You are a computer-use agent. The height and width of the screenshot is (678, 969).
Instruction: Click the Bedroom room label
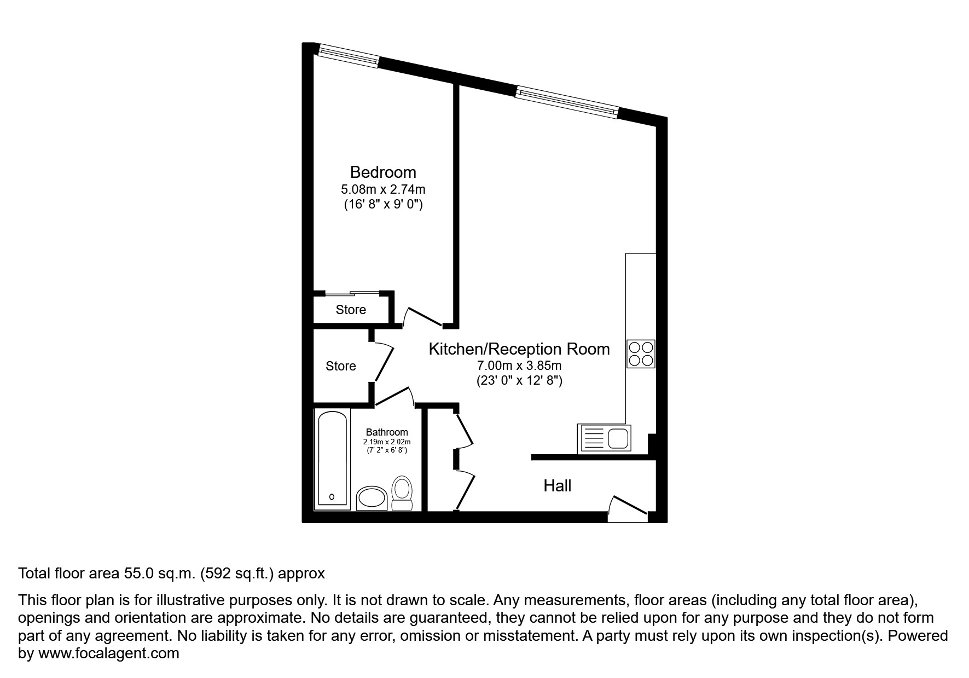click(383, 172)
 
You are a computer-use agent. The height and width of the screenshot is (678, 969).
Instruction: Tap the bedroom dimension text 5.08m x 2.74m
click(383, 190)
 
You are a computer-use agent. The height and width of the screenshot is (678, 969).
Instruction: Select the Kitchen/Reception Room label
click(519, 349)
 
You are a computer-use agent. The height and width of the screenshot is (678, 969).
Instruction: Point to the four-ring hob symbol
click(641, 354)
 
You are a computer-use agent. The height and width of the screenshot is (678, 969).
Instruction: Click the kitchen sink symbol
click(605, 438)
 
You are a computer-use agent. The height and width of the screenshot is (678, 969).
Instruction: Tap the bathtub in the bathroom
click(332, 459)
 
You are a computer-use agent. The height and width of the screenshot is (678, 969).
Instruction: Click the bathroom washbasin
click(372, 499)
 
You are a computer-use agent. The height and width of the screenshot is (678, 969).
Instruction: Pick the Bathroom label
click(387, 432)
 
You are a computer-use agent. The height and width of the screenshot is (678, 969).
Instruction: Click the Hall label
click(557, 486)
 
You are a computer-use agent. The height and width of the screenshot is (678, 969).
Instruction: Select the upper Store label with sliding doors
click(351, 310)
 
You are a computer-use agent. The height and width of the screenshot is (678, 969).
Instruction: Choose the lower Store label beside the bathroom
click(340, 366)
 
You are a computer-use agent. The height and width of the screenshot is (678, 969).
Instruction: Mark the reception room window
click(567, 102)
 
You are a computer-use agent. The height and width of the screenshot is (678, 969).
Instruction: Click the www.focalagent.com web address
click(108, 653)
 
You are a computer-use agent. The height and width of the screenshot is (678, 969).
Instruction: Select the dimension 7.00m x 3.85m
click(519, 366)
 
